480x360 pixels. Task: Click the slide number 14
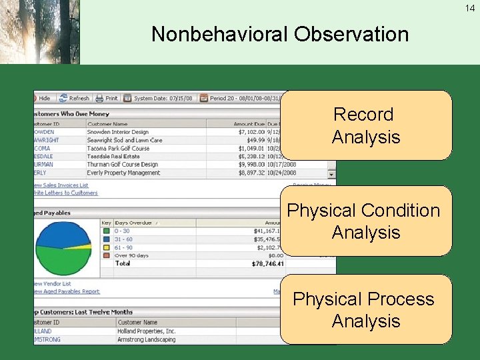pyautogui.click(x=471, y=8)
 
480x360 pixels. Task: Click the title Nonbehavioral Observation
pyautogui.click(x=279, y=34)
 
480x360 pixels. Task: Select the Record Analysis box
pyautogui.click(x=365, y=125)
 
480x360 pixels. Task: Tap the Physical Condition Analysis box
pyautogui.click(x=365, y=221)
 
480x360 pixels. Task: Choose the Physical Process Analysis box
pyautogui.click(x=365, y=309)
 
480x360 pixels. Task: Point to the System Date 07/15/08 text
pyautogui.click(x=164, y=98)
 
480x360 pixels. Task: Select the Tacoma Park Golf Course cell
pyautogui.click(x=118, y=148)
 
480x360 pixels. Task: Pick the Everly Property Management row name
pyautogui.click(x=123, y=173)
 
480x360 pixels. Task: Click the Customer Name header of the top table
pyautogui.click(x=107, y=123)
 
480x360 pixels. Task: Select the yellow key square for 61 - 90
pyautogui.click(x=106, y=247)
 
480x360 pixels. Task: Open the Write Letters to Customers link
pyautogui.click(x=65, y=193)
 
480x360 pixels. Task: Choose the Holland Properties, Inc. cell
pyautogui.click(x=147, y=331)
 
